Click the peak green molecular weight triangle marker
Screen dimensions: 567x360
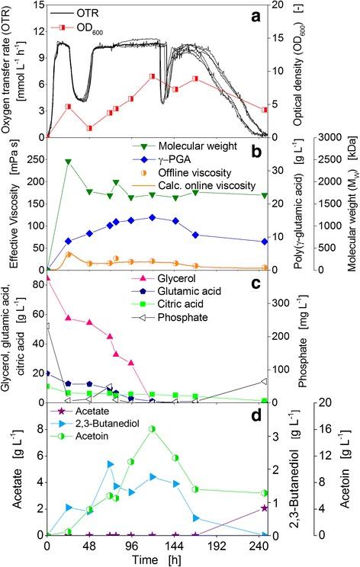coord(69,162)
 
